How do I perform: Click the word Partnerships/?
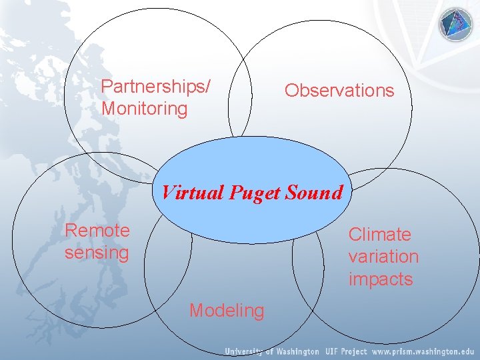[x=155, y=87]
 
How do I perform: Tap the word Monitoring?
[x=145, y=109]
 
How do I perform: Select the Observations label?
[x=339, y=91]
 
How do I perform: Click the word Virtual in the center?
[x=193, y=193]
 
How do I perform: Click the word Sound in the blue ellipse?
[x=314, y=193]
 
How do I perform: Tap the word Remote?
[x=97, y=231]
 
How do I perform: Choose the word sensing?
[x=97, y=253]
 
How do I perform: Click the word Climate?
[x=380, y=235]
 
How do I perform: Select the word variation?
[x=383, y=257]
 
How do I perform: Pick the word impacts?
[x=381, y=279]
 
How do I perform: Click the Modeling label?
[x=227, y=311]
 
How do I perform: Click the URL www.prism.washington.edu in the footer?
[x=423, y=351]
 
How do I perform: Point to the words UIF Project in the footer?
[x=346, y=351]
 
